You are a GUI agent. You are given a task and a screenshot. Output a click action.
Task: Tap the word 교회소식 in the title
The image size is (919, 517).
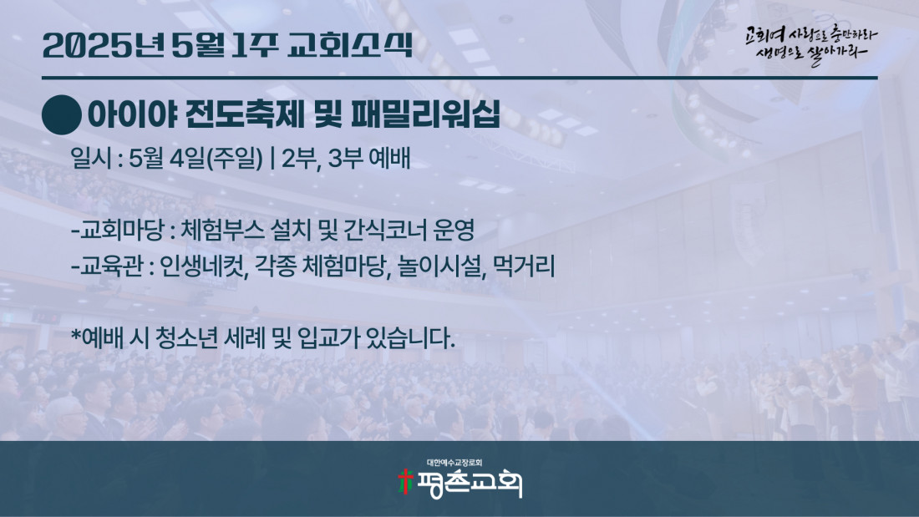350,45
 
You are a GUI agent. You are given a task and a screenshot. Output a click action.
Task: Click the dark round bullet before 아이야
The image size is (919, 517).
62,115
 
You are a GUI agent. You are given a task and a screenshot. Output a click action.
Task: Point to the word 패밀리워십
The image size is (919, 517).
425,114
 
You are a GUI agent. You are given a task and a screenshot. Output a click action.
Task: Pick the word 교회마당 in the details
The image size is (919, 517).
121,231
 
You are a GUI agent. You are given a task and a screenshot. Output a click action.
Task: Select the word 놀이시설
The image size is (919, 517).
441,266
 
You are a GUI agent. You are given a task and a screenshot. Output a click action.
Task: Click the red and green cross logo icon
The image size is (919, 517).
405,481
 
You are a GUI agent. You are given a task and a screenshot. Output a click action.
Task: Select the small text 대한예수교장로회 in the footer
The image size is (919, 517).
454,463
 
